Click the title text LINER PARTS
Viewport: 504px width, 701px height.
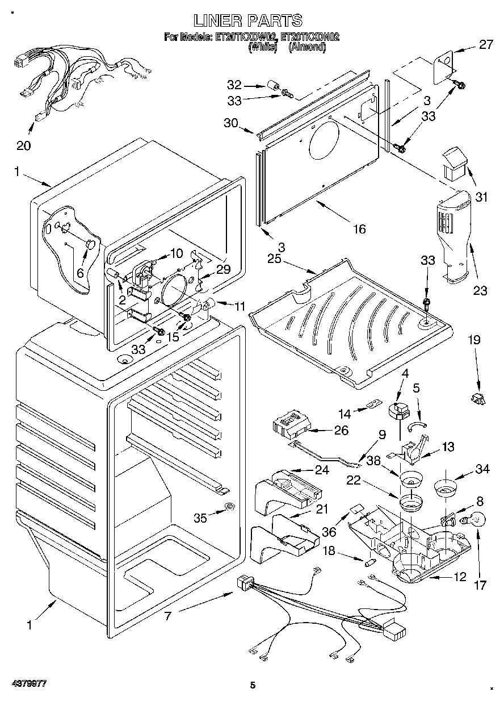coord(248,21)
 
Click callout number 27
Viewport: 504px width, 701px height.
coord(486,44)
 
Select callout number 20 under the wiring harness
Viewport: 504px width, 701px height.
coord(23,145)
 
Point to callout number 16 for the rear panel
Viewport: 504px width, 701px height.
coord(359,228)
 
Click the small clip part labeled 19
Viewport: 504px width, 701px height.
coord(477,398)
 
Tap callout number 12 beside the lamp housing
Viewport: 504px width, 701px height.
coord(460,577)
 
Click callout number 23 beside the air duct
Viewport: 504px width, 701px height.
coord(480,291)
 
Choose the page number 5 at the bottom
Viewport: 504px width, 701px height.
coord(253,686)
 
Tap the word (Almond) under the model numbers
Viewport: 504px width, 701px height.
coord(307,48)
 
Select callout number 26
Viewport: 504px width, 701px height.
coord(341,430)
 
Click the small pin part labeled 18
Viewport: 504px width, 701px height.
coord(369,562)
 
